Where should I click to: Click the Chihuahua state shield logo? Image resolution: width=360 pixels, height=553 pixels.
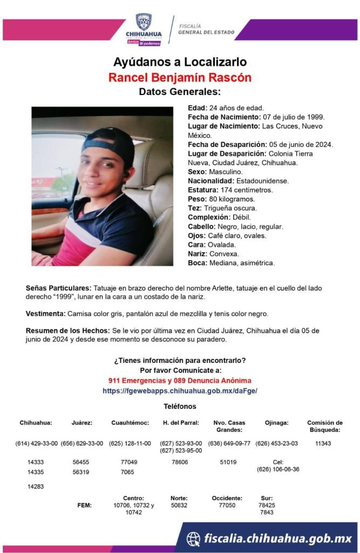click(x=143, y=23)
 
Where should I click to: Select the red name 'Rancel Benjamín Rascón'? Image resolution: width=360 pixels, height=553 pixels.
click(x=180, y=77)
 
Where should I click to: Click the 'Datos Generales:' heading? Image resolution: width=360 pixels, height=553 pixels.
click(x=180, y=91)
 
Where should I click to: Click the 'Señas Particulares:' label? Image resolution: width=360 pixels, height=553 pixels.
click(x=58, y=288)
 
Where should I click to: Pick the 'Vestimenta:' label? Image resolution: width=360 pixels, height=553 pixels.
click(x=45, y=314)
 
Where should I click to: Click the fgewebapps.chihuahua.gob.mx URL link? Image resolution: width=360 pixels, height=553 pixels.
click(x=180, y=390)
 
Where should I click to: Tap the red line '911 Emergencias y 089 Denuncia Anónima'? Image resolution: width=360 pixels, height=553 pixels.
click(x=180, y=381)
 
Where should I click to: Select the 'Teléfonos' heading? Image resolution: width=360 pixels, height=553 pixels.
click(x=180, y=406)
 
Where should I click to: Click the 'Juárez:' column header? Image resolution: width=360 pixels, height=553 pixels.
click(x=82, y=423)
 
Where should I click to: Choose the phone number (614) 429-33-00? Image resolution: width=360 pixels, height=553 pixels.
click(x=37, y=443)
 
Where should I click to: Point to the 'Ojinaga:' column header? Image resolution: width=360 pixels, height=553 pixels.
click(x=277, y=423)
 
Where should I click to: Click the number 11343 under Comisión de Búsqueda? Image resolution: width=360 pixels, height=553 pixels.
click(x=323, y=443)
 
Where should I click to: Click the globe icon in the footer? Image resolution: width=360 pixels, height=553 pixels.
click(x=193, y=538)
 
